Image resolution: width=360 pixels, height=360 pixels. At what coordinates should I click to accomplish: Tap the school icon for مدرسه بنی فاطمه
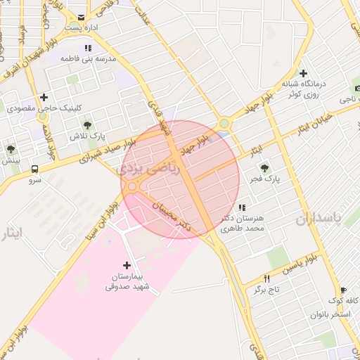88,48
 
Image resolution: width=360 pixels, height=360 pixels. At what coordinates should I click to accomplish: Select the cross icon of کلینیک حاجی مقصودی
44,97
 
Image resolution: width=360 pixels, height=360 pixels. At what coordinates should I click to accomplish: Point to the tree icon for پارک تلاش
88,124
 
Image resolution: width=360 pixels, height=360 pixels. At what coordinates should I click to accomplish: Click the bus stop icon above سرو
35,168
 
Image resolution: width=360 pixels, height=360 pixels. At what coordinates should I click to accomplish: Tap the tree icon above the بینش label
11,149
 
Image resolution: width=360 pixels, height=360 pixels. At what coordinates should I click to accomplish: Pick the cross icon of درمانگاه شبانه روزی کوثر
303,73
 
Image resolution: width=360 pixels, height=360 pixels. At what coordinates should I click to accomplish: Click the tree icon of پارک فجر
265,167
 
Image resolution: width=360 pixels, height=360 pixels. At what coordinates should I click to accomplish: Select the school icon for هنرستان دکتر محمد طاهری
243,207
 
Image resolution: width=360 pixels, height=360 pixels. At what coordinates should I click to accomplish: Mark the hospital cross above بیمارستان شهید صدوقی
127,265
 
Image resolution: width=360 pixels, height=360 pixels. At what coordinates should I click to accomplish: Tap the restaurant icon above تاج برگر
266,278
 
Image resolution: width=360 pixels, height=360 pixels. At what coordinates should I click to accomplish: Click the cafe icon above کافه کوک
343,290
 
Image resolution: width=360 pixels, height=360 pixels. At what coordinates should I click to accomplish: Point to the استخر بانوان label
330,313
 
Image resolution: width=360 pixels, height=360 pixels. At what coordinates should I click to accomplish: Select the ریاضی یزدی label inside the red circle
156,169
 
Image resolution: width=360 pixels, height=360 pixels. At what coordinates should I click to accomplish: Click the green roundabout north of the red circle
224,124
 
